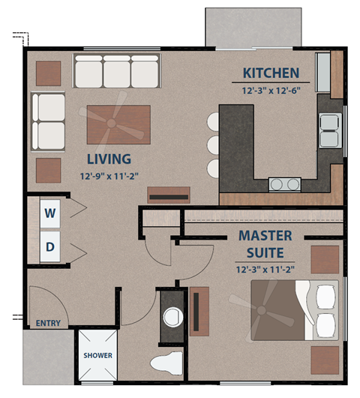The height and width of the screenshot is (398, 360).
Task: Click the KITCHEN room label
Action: coord(271,74)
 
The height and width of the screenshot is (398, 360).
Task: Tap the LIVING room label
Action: coord(109,159)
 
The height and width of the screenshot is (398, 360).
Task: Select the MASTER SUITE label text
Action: coord(265,243)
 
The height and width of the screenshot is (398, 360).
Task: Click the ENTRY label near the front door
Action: coord(47,323)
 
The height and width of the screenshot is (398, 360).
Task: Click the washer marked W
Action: coord(50,214)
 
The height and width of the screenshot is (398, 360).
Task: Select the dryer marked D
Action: coord(50,246)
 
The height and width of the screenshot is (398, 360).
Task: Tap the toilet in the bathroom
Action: coord(168,362)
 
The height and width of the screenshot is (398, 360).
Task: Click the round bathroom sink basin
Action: coord(173,315)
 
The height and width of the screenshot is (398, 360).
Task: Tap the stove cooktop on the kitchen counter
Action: coord(285,182)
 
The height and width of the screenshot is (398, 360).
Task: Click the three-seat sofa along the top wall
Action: coord(116,72)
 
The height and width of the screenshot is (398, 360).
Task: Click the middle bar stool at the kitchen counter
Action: coord(213,143)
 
